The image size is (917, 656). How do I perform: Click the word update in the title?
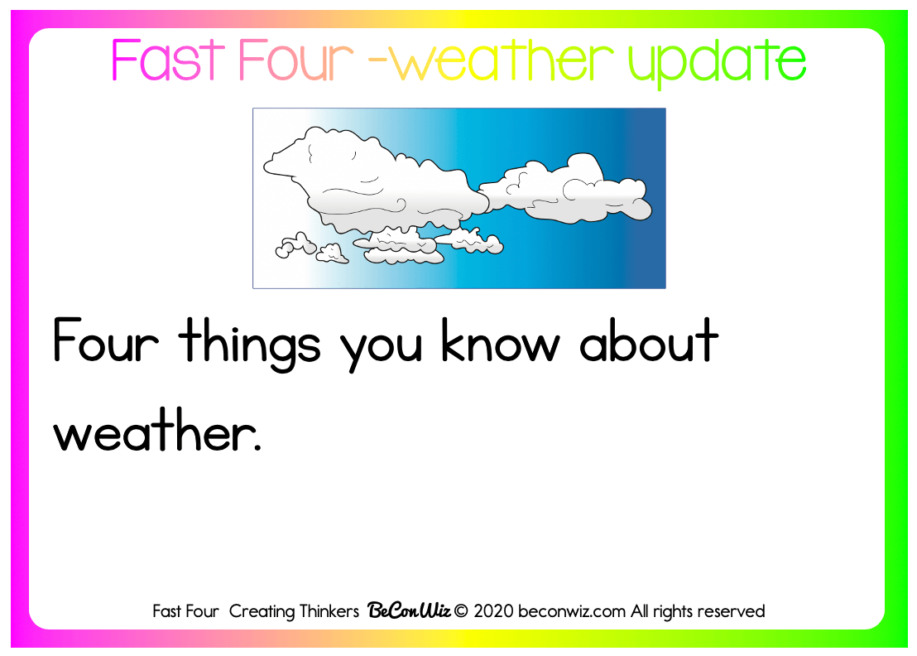[x=717, y=63]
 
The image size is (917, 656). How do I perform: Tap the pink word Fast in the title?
[x=168, y=60]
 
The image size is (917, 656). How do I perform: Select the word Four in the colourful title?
[x=296, y=60]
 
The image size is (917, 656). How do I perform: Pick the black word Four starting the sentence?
[x=106, y=340]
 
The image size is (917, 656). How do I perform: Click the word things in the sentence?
[x=250, y=344]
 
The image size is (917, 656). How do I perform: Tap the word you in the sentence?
[x=382, y=350]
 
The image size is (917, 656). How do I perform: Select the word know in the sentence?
[x=501, y=340]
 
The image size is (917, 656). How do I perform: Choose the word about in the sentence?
[x=649, y=340]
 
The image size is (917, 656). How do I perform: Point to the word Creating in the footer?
[x=262, y=611]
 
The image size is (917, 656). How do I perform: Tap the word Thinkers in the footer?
[x=329, y=611]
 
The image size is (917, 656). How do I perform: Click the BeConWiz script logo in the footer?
[x=409, y=610]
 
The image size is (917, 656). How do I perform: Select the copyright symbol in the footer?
[x=461, y=611]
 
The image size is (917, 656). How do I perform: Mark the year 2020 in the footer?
[x=493, y=611]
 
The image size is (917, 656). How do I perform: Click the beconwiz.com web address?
[x=571, y=611]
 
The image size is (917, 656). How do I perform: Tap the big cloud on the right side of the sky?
[x=565, y=189]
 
